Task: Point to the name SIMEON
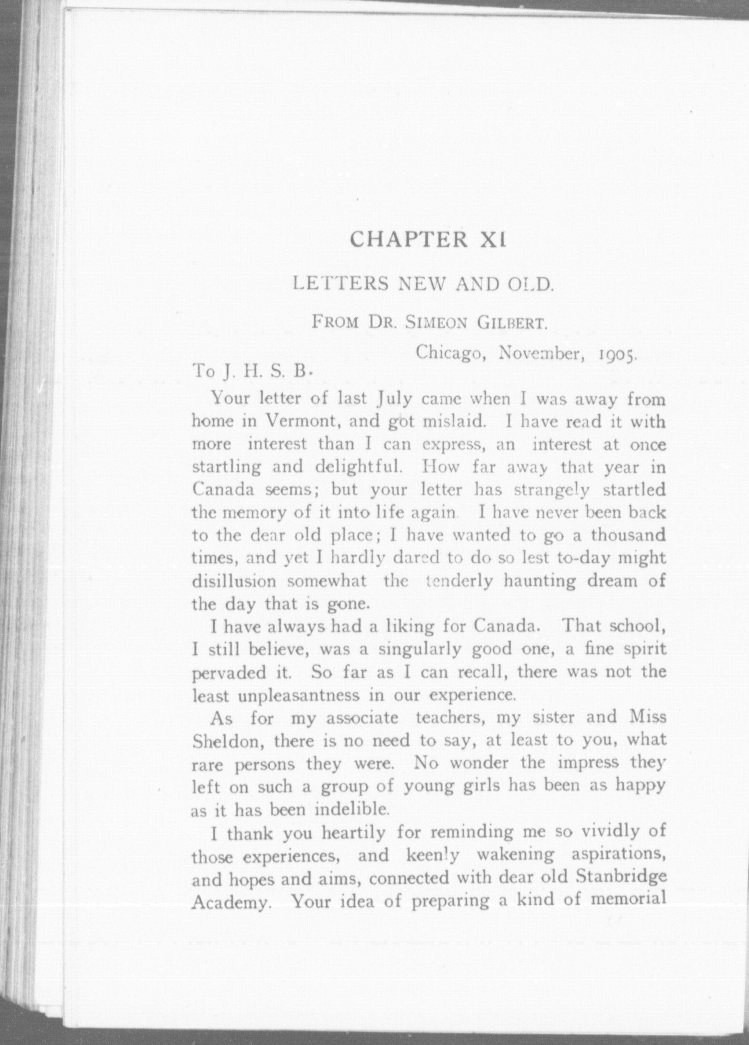pos(436,321)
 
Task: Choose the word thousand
pos(628,535)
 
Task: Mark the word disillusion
pos(234,581)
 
